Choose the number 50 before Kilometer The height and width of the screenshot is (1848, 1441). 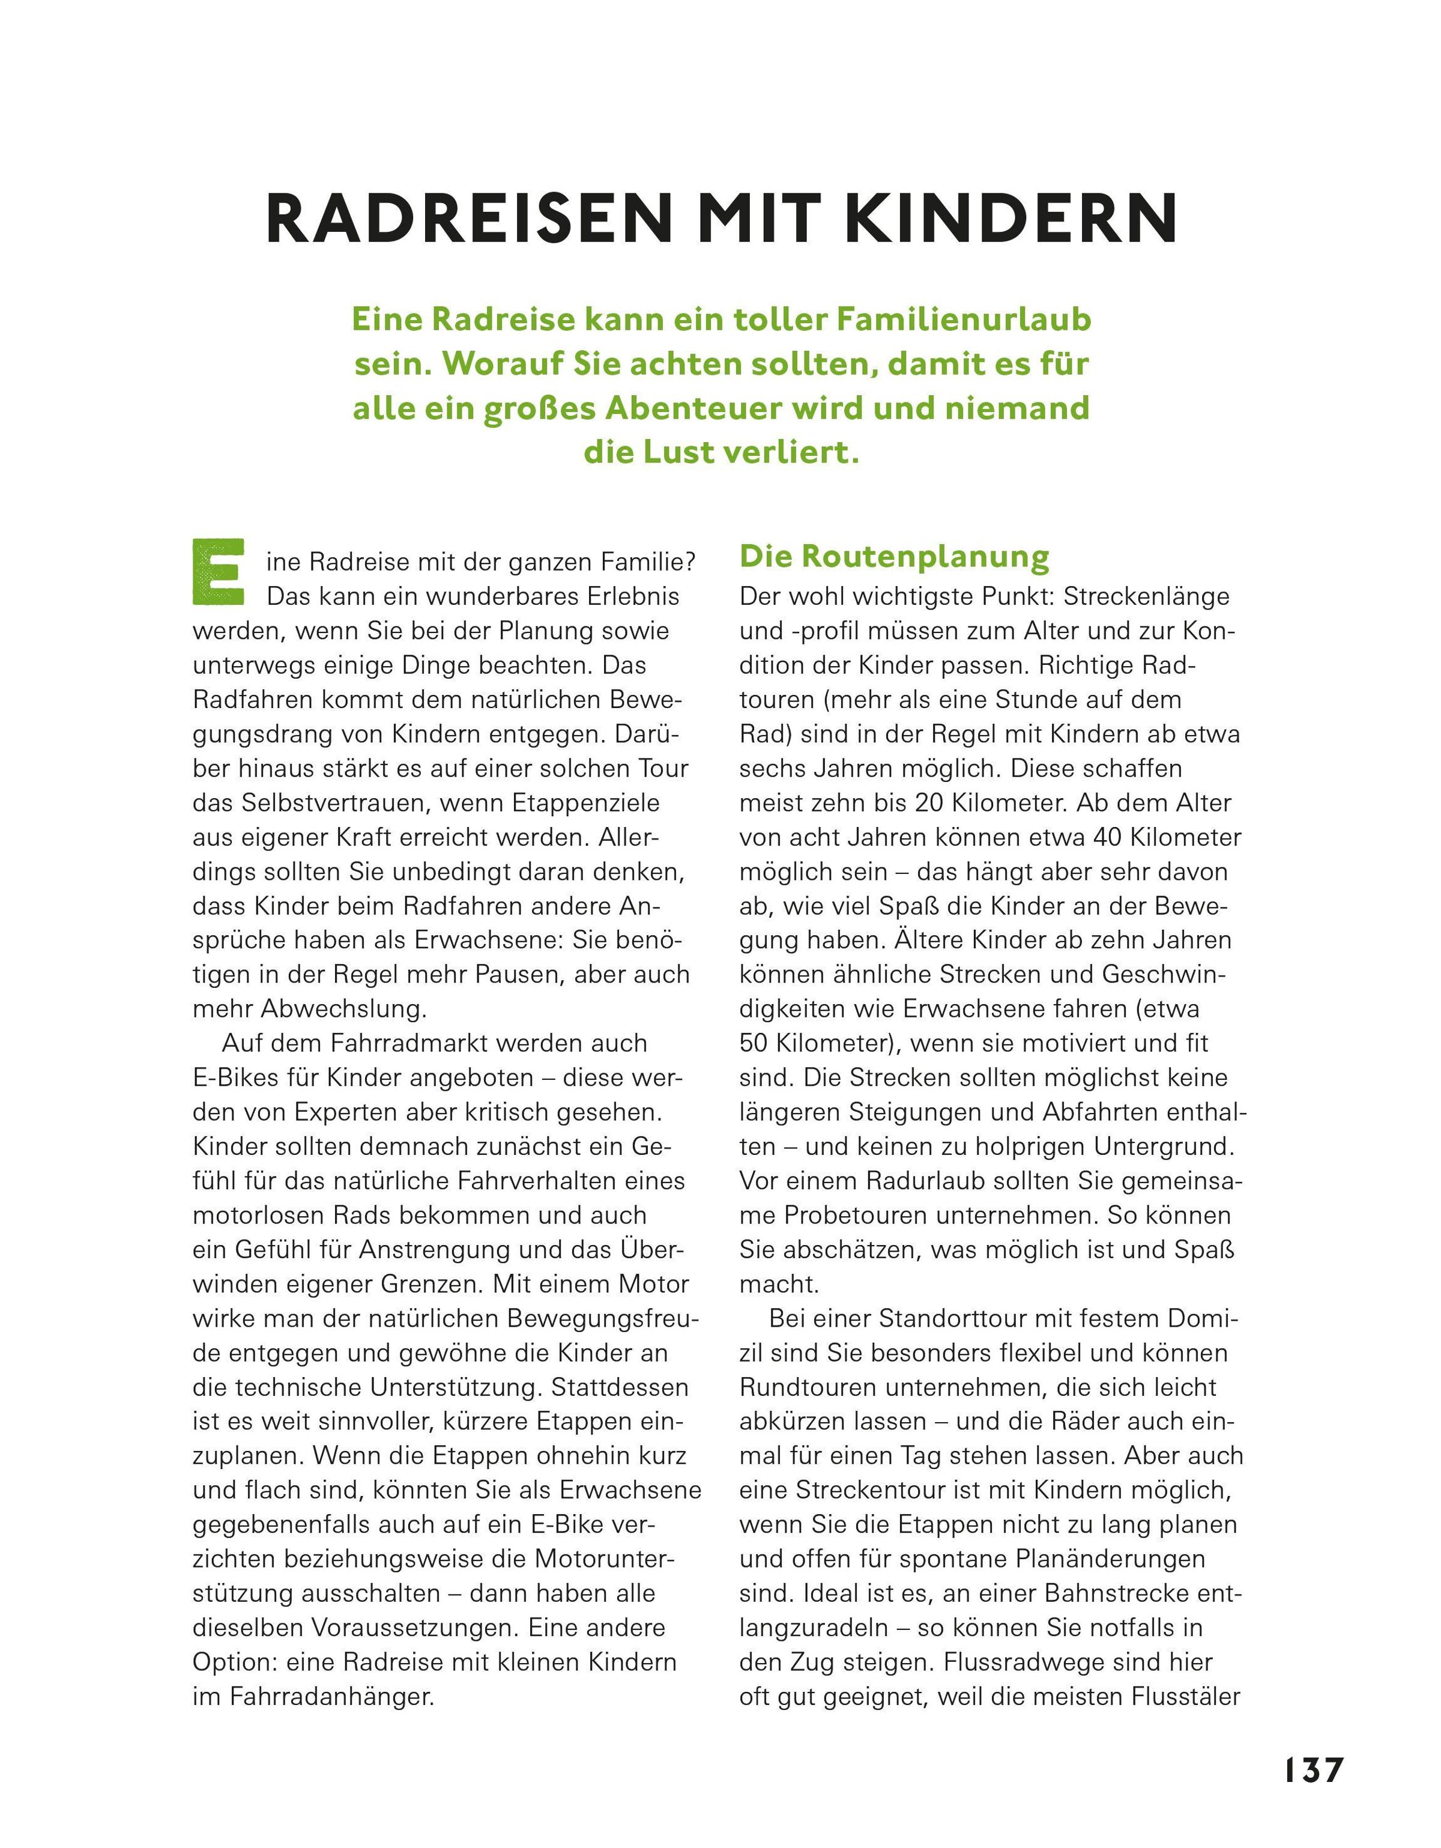coord(755,1043)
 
